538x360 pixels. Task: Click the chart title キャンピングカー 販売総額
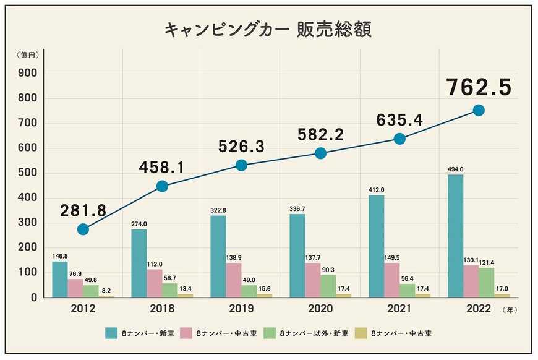pos(268,30)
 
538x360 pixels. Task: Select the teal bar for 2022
pos(455,236)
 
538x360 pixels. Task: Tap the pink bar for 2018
pos(155,283)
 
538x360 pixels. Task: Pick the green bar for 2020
pos(328,286)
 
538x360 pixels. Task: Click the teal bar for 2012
pos(60,279)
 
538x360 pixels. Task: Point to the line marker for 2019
pos(242,165)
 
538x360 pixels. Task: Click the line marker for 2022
pos(478,110)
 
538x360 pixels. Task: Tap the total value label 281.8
pos(83,210)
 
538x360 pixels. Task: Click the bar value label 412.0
pos(376,189)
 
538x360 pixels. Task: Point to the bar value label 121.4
pos(487,262)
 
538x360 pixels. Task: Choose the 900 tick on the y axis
pos(29,74)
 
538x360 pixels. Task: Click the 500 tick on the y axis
pos(29,173)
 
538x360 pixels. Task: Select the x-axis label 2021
pos(399,308)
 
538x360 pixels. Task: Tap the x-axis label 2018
pos(162,308)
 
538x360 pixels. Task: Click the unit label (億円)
pos(28,54)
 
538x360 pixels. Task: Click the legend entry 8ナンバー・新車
pos(155,333)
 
